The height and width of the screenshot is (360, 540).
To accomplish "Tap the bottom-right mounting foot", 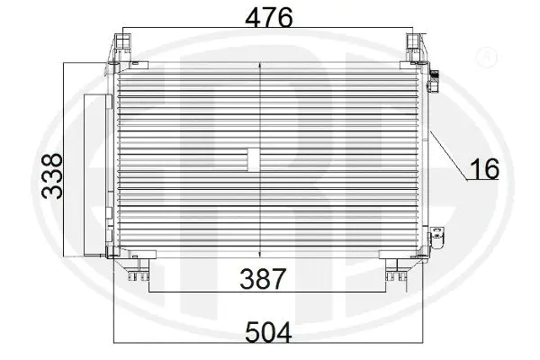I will tap(392, 267).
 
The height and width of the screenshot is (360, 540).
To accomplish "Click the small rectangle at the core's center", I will tap(253, 159).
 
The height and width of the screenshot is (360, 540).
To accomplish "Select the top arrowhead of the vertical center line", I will tap(260, 66).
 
